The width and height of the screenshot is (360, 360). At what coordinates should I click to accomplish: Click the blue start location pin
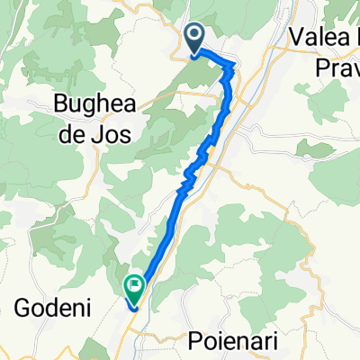point(196,37)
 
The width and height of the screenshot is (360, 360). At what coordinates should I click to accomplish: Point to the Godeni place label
point(49,309)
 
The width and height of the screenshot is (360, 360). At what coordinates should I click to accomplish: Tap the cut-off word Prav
point(338,67)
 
